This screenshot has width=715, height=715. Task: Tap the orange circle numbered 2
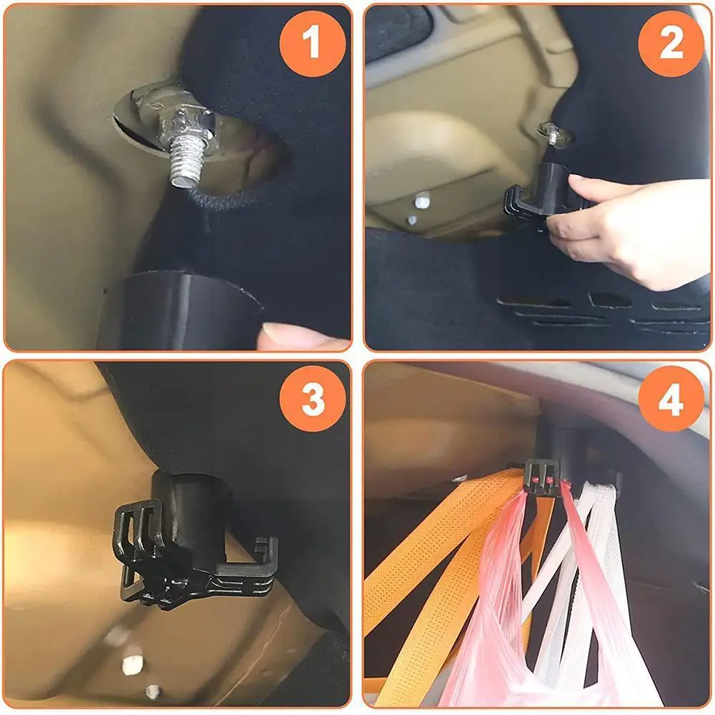[x=671, y=44]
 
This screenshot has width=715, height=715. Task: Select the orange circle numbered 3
[x=313, y=399]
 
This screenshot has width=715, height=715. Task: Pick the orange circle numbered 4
[x=671, y=399]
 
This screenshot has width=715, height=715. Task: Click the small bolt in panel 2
[x=553, y=133]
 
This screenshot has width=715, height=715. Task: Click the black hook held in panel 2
[x=540, y=196]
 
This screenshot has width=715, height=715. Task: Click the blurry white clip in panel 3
[x=132, y=665]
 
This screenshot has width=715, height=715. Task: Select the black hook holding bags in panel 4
[x=543, y=476]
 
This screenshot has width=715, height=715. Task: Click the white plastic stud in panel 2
[x=422, y=200]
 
